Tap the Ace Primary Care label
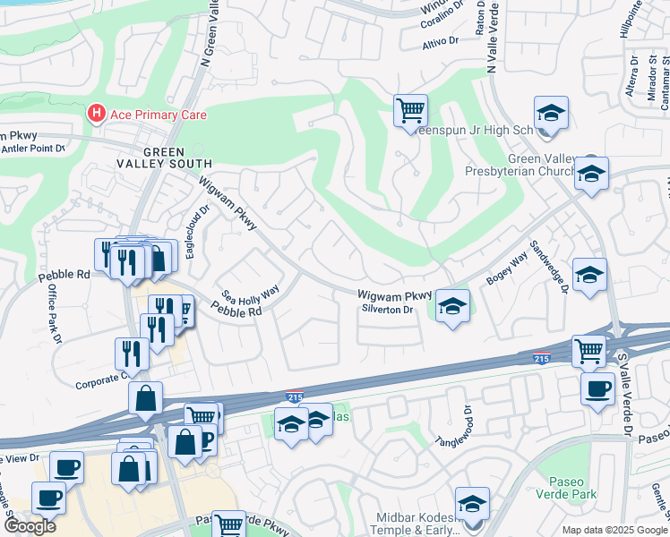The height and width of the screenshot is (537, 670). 158,115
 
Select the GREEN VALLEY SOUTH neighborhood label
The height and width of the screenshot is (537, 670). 163,158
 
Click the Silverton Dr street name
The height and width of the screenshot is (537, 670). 386,310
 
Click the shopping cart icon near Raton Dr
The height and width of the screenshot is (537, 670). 410,112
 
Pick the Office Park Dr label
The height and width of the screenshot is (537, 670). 53,316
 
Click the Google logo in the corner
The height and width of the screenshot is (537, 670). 30,525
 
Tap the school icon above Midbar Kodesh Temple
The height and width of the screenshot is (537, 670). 472,503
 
